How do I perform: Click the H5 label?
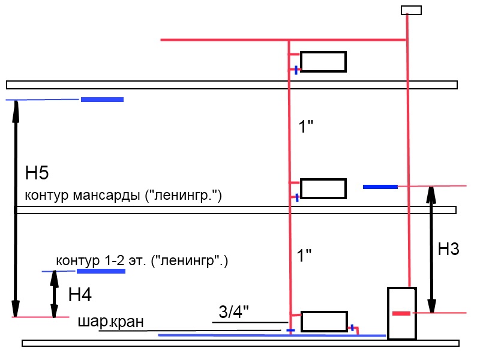[x=37, y=174]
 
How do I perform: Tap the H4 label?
[x=80, y=295]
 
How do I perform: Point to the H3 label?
[x=448, y=250]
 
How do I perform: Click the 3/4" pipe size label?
[x=233, y=311]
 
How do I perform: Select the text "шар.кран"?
[x=110, y=322]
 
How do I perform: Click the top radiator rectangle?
[x=323, y=62]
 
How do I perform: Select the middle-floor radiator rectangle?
[x=323, y=188]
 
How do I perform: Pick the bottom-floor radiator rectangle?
[x=324, y=322]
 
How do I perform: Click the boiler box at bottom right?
[x=401, y=313]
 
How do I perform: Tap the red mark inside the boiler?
[x=401, y=313]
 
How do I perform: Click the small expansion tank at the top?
[x=411, y=10]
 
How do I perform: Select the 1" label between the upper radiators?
[x=307, y=127]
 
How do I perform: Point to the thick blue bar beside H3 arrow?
[x=380, y=187]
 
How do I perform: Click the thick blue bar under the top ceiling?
[x=102, y=99]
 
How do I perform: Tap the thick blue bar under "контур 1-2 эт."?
[x=101, y=271]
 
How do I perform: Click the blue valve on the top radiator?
[x=296, y=70]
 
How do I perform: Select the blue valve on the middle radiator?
[x=297, y=196]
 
